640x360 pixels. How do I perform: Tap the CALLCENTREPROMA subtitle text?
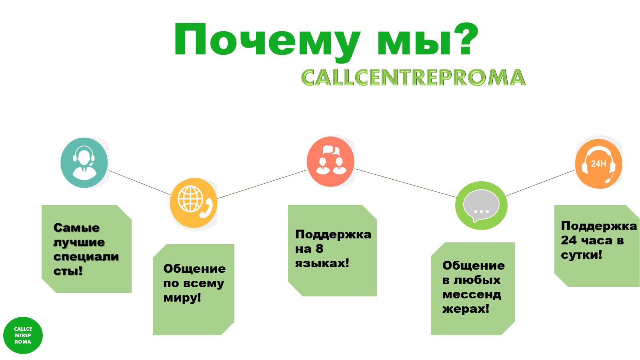click(414, 78)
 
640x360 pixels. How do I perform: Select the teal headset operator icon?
click(84, 162)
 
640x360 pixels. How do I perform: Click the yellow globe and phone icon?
click(194, 203)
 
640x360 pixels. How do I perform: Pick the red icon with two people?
click(330, 162)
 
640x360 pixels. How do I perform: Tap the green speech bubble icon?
click(481, 206)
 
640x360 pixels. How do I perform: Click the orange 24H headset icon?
click(598, 164)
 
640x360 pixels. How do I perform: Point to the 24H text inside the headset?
click(598, 164)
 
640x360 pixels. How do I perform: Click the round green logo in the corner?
click(23, 336)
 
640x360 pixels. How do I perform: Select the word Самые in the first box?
click(76, 228)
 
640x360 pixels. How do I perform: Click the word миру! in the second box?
click(182, 298)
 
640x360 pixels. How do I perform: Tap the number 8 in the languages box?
click(319, 248)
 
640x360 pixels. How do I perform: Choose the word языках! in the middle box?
click(322, 263)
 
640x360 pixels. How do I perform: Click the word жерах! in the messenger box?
click(466, 309)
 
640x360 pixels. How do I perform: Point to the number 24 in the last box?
click(568, 240)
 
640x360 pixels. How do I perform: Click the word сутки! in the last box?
click(582, 255)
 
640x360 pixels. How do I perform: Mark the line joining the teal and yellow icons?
click(139, 182)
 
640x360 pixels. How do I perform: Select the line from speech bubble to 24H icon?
click(540, 183)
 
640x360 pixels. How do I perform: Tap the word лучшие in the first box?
click(79, 243)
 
